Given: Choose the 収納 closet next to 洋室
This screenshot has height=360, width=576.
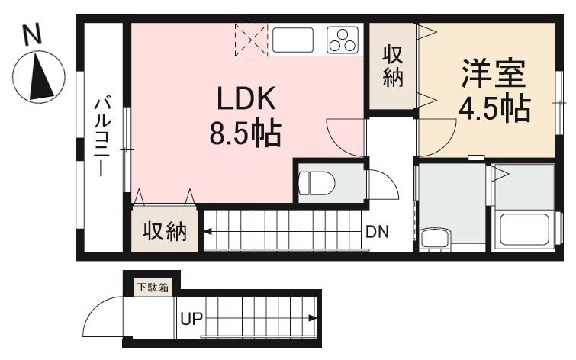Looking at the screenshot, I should (x=393, y=66).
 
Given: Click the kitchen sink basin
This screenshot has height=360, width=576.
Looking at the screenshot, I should (x=292, y=39).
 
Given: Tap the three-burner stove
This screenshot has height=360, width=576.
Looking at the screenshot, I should (x=343, y=39).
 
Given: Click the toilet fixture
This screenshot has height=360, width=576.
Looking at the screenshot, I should (x=317, y=182).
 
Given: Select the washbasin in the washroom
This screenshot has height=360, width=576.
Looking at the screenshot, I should (x=436, y=237).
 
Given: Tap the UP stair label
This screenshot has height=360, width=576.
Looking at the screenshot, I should (x=191, y=319).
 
